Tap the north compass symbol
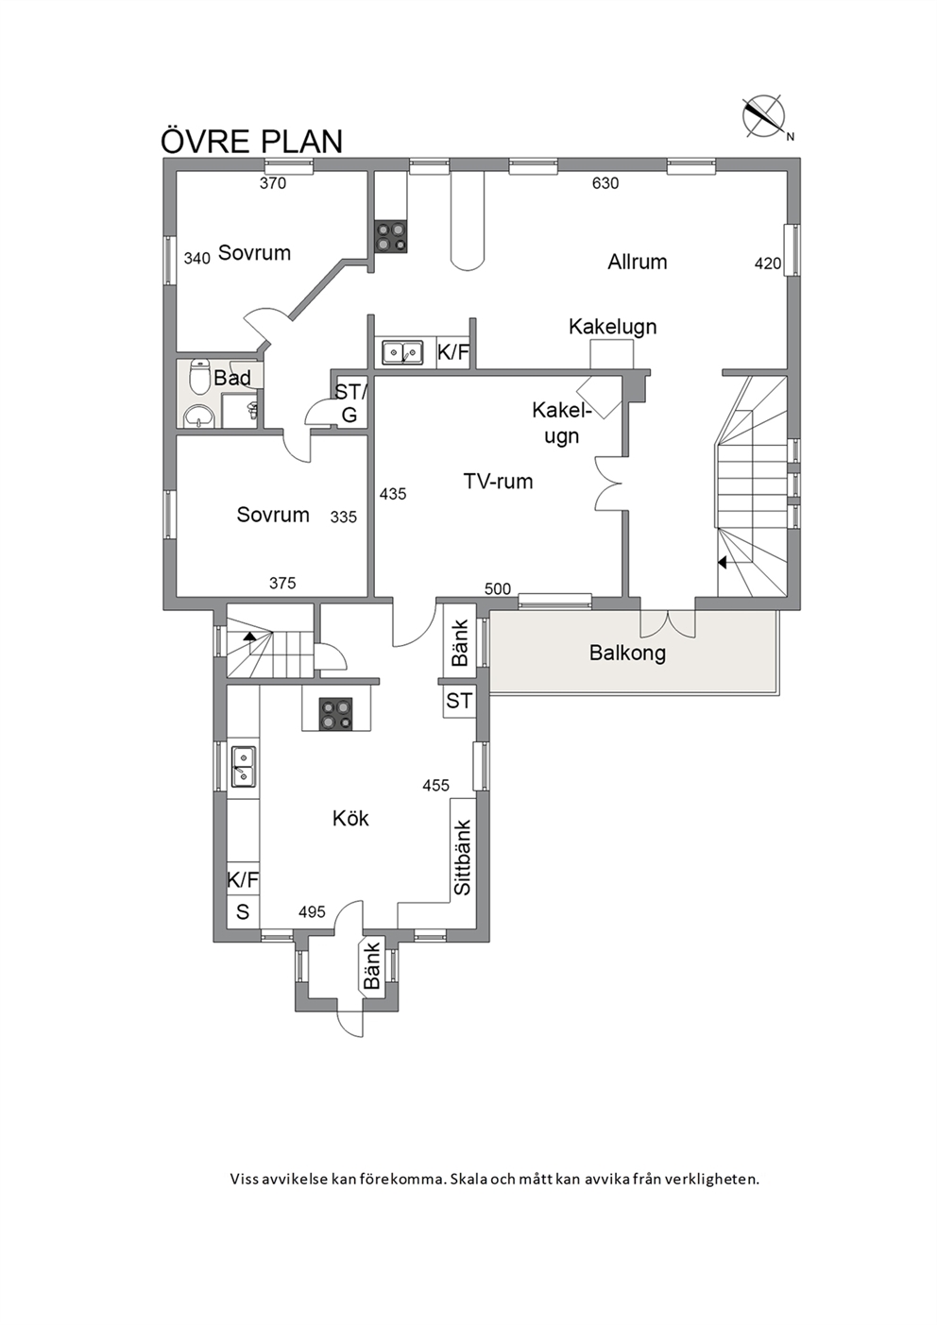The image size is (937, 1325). (765, 117)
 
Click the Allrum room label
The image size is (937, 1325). (637, 262)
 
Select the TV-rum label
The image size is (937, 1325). (498, 481)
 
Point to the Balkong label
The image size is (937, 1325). (627, 653)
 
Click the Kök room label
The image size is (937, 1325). (350, 819)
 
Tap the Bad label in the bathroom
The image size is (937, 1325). (231, 378)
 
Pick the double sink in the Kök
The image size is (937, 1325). (243, 767)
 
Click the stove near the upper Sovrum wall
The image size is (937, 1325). (390, 236)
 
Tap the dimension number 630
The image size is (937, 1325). (605, 183)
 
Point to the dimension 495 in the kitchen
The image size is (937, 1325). (312, 912)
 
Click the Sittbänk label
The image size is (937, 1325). (463, 858)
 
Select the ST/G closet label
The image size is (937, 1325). (350, 403)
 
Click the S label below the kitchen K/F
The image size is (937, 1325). (243, 912)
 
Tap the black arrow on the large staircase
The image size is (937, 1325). (722, 562)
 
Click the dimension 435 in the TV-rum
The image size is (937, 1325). (393, 493)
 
